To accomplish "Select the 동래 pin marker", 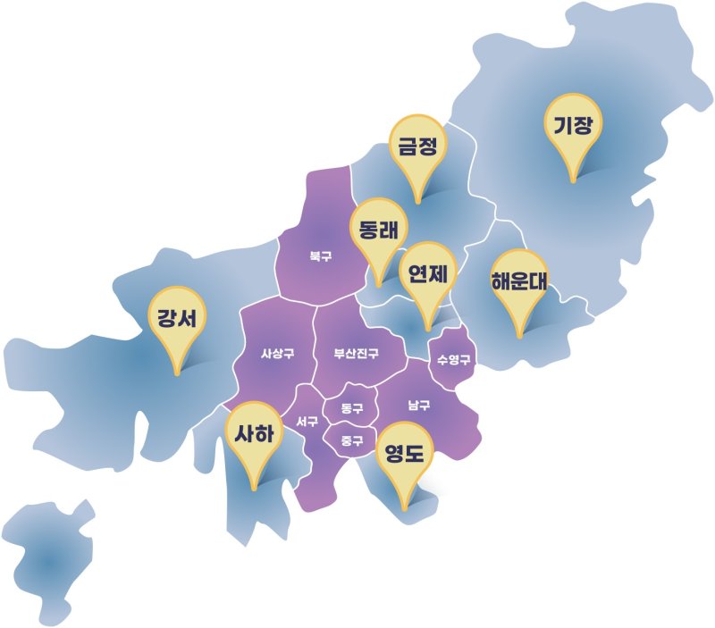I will (378, 230).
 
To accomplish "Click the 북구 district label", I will (321, 256).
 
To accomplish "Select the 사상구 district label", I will (277, 354).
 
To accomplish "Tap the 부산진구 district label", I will (357, 354).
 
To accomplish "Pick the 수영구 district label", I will (453, 360).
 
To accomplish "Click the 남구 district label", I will (419, 406).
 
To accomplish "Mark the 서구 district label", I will (306, 422).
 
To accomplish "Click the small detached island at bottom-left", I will (49, 561).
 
